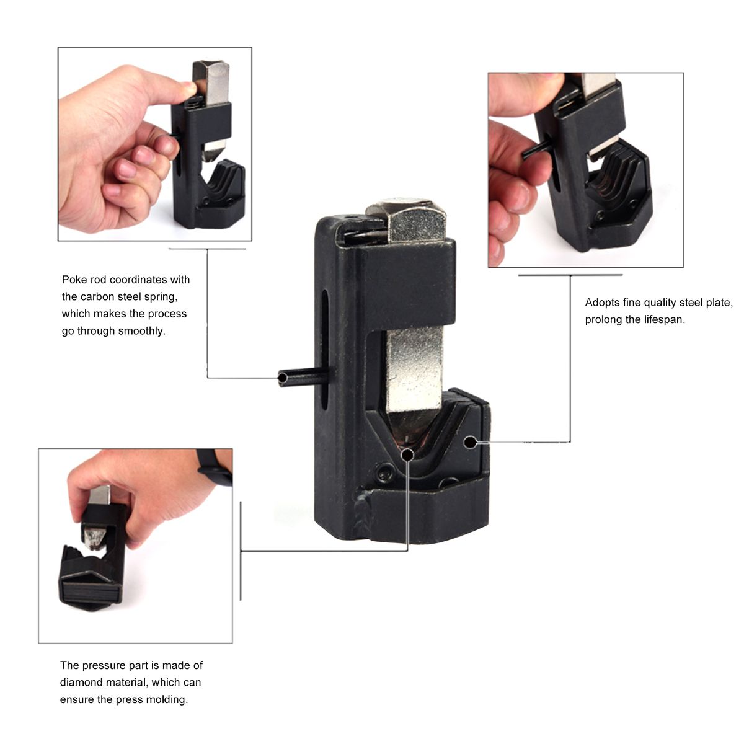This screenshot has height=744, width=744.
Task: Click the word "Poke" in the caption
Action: (75, 280)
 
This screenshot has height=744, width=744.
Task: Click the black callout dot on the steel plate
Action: (469, 443)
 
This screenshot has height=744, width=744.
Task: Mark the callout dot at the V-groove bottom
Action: (407, 455)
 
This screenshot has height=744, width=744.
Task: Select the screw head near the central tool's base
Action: (384, 472)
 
